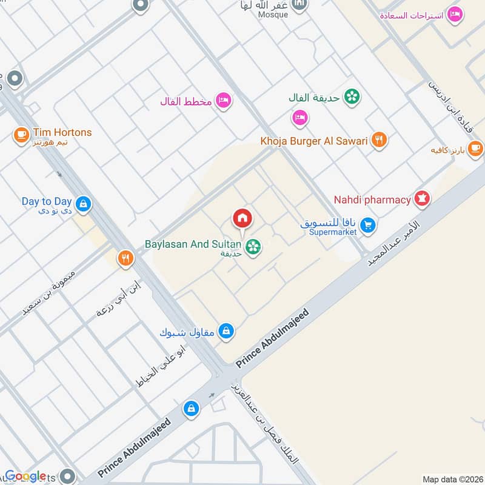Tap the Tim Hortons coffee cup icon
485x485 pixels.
[x=22, y=134]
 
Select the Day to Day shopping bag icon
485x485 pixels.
[x=83, y=204]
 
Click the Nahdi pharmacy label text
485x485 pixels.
[x=372, y=199]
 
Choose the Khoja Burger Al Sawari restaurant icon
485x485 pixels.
[x=379, y=141]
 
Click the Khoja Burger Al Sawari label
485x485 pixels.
[x=314, y=141]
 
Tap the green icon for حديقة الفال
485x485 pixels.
[x=350, y=96]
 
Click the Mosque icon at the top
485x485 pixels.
[x=299, y=5]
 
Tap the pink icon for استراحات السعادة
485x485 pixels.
[x=455, y=15]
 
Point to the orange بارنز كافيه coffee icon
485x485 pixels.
[x=475, y=147]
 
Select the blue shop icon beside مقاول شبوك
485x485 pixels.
[x=226, y=331]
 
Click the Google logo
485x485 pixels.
[x=25, y=476]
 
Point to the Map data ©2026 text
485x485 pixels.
[x=452, y=480]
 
